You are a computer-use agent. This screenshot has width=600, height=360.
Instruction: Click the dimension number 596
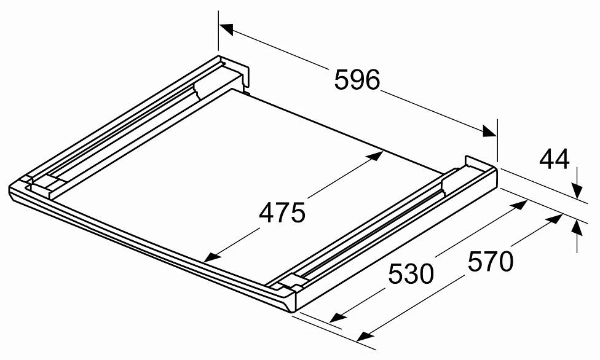coord(357,80)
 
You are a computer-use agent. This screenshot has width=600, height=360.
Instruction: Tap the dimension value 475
coord(282,213)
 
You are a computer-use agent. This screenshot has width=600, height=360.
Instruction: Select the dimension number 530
coord(411,274)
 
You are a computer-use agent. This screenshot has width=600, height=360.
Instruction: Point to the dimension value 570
coord(491,261)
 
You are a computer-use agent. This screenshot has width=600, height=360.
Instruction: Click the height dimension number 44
coord(555,160)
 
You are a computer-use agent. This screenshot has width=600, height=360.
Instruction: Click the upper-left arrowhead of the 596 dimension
coord(226,29)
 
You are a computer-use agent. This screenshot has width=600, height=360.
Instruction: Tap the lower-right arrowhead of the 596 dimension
coord(490,131)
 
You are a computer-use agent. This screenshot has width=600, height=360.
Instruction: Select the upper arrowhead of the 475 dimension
coord(375,155)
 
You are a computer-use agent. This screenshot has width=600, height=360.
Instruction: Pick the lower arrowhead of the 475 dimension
coord(211,257)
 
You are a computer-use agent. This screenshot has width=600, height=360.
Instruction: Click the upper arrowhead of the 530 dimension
coord(519,205)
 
